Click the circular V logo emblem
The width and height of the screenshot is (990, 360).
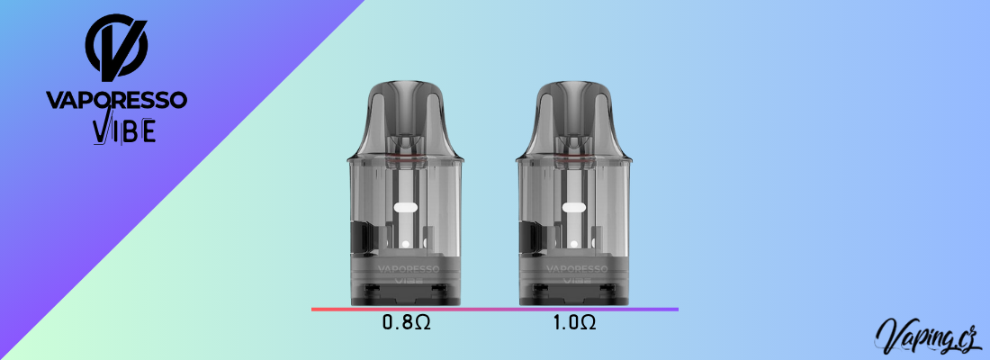tap(116, 46)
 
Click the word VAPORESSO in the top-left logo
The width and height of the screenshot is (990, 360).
tap(116, 100)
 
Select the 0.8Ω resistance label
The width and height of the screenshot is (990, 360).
tap(407, 323)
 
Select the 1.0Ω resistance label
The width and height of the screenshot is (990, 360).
tap(574, 323)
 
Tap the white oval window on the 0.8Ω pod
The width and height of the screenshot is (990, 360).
tap(406, 208)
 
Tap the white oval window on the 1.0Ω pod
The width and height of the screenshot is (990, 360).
tap(574, 208)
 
